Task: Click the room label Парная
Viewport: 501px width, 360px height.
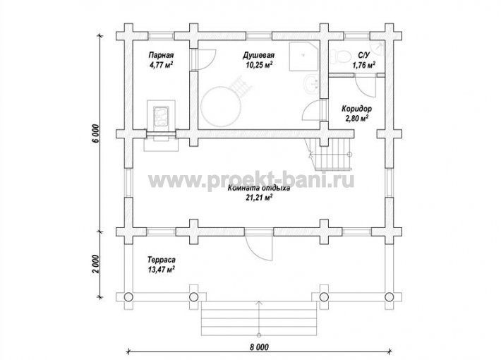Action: pos(161,55)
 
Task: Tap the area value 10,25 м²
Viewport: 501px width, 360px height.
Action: pos(259,65)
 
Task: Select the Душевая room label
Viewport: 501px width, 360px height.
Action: pos(258,55)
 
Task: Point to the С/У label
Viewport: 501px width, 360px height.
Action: pos(363,56)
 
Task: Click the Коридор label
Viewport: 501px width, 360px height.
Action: pos(356,109)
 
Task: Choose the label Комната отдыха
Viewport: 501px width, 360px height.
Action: pos(259,188)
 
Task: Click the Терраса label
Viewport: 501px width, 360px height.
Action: pos(162,260)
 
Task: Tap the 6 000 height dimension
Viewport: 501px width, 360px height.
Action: pos(97,133)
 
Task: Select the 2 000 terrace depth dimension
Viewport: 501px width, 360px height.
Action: pos(97,264)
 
